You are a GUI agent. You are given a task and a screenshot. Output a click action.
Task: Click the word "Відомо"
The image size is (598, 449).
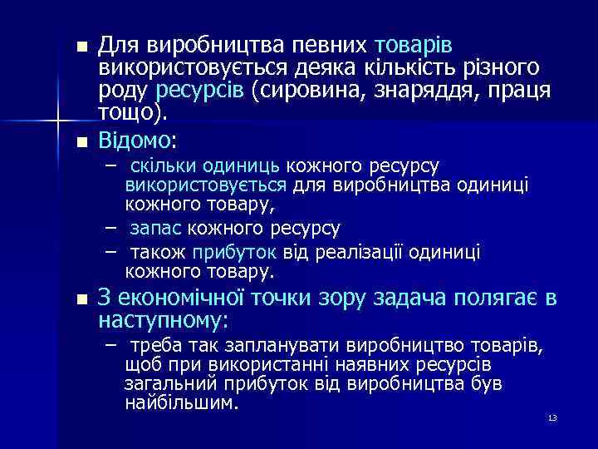point(131,137)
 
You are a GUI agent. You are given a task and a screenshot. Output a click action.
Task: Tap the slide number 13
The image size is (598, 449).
point(551,417)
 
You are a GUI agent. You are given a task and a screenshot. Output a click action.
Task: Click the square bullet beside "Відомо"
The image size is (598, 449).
point(81,140)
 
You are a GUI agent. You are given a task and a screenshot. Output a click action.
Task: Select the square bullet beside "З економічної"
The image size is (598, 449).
point(81,300)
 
